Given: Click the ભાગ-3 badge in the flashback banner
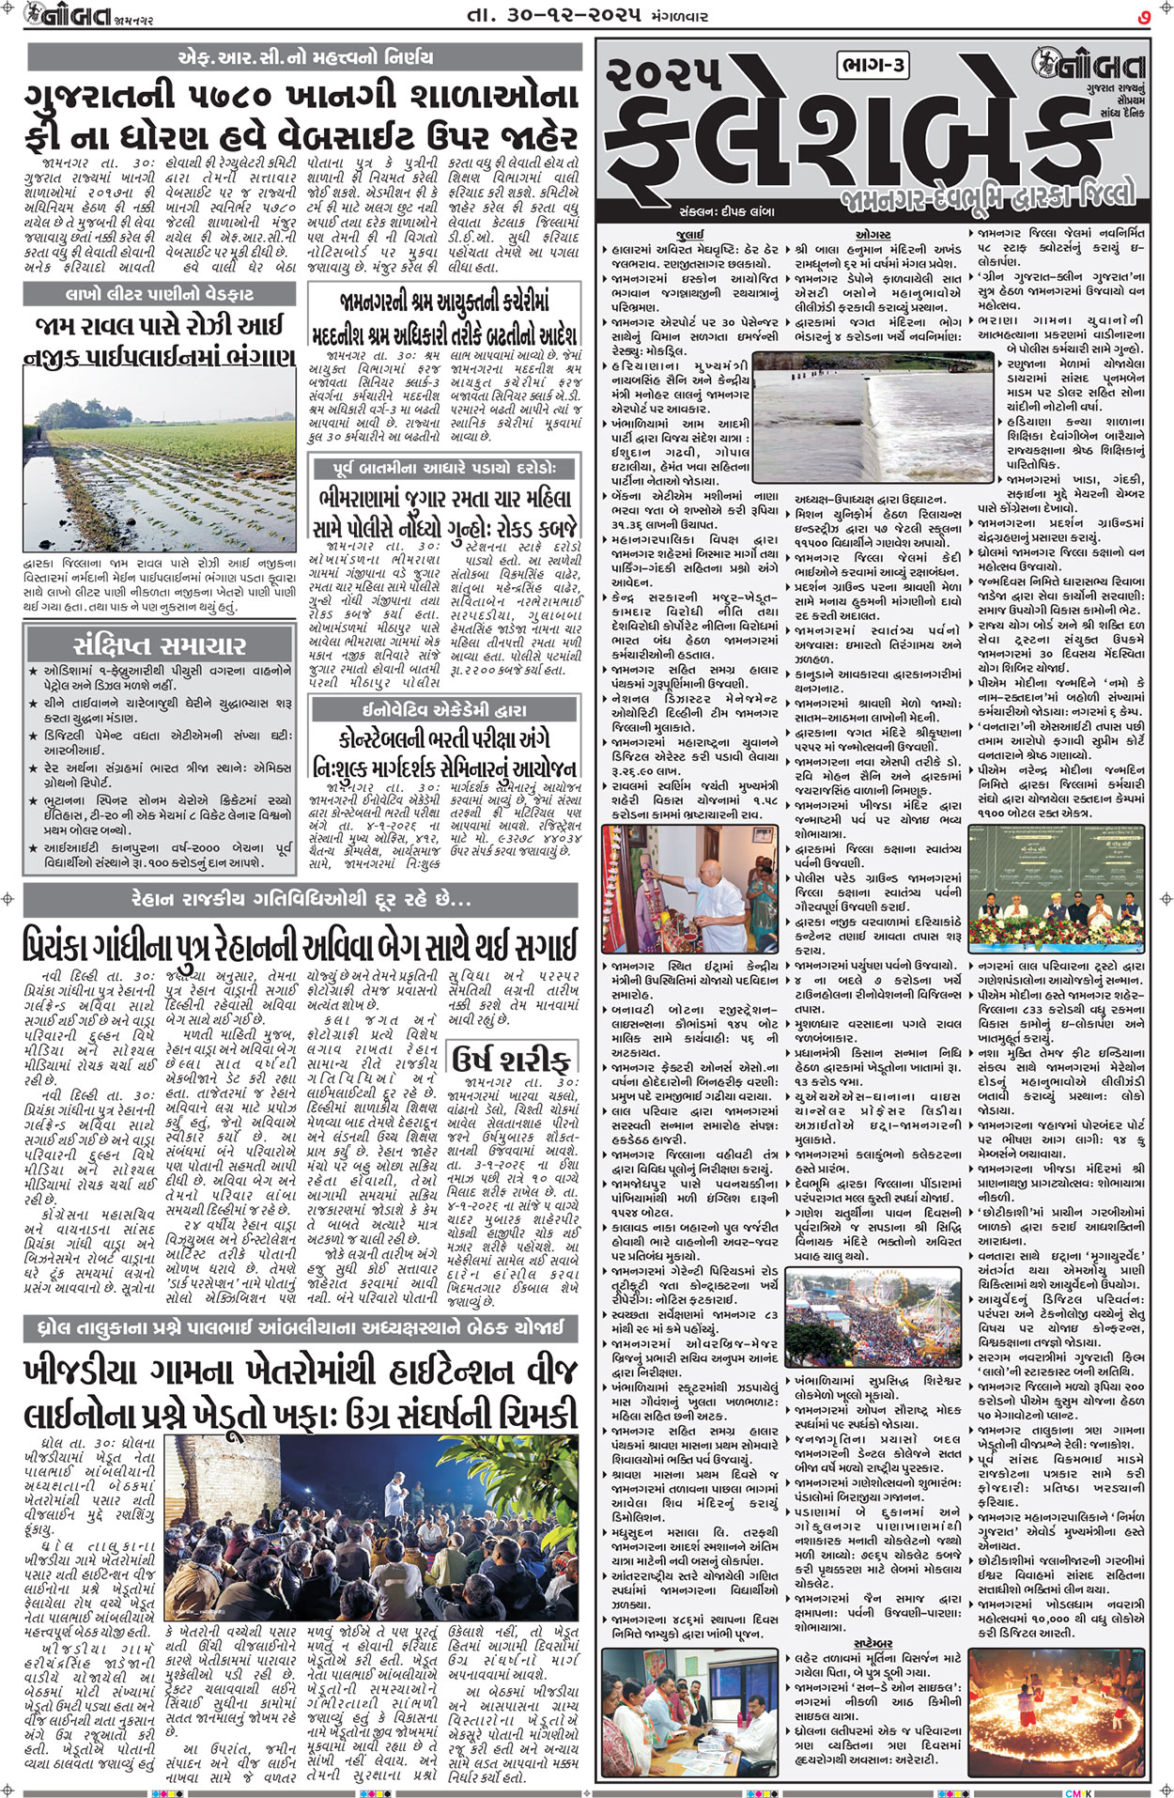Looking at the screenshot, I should pos(873,65).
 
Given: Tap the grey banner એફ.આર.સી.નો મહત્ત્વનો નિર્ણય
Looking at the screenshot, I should pos(305,57).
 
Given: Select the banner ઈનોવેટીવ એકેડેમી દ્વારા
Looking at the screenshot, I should pos(445,710).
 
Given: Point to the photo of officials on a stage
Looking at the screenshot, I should pos(1058,891).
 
